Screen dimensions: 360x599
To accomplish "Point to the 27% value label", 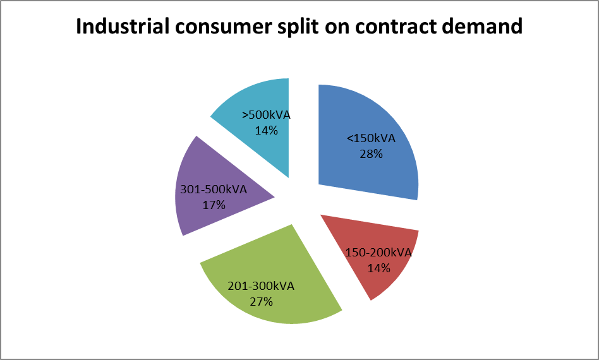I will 261,301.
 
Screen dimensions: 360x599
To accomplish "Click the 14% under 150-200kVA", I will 379,268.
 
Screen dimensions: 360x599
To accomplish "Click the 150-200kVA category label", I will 378,253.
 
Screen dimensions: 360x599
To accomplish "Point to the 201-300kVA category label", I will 261,286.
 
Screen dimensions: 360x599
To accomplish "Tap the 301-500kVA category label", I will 213,189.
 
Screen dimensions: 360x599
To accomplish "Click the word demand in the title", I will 489,27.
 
